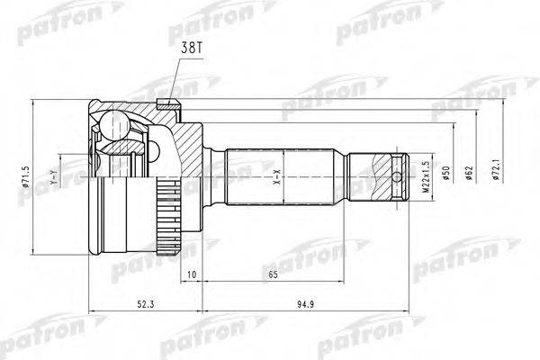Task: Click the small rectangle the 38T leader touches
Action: click(164, 103)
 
